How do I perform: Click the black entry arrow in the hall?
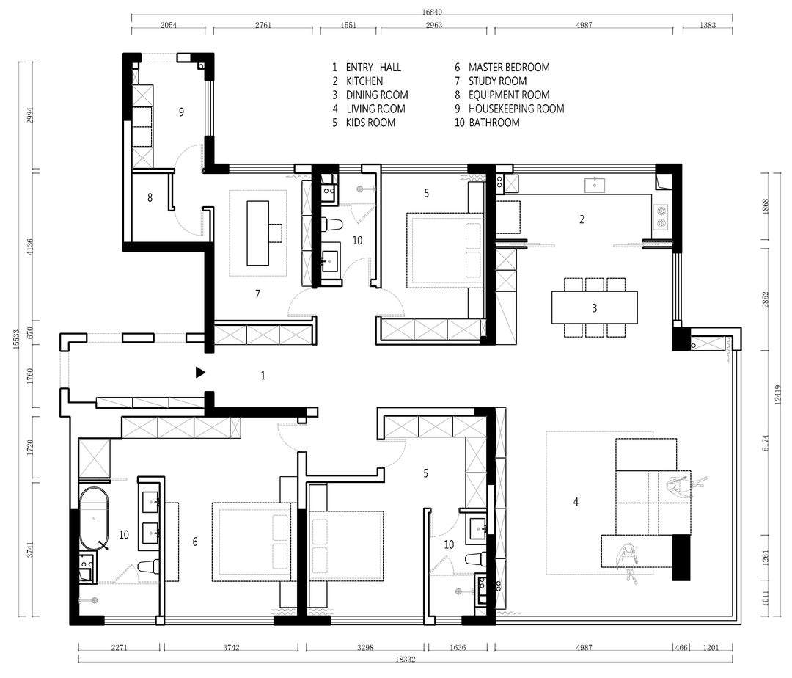tap(200, 373)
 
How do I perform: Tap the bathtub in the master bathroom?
tap(94, 519)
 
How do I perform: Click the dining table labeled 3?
tap(595, 307)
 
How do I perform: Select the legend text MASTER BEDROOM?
tap(509, 68)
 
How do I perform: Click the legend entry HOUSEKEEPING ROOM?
tap(516, 109)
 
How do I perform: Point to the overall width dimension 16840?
tap(433, 12)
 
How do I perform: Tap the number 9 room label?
tap(181, 112)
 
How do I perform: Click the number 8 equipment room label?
tap(150, 197)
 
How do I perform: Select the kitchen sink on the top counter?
tap(595, 185)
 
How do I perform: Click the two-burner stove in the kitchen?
tap(661, 216)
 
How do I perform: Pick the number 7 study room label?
tap(257, 294)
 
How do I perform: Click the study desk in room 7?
tap(257, 233)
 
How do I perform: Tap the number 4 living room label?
tap(576, 502)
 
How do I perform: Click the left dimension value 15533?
tap(16, 339)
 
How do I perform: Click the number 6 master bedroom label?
tap(195, 542)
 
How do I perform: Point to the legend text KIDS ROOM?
tap(371, 123)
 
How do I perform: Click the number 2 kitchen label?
tap(582, 219)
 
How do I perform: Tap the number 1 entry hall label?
tap(263, 376)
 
